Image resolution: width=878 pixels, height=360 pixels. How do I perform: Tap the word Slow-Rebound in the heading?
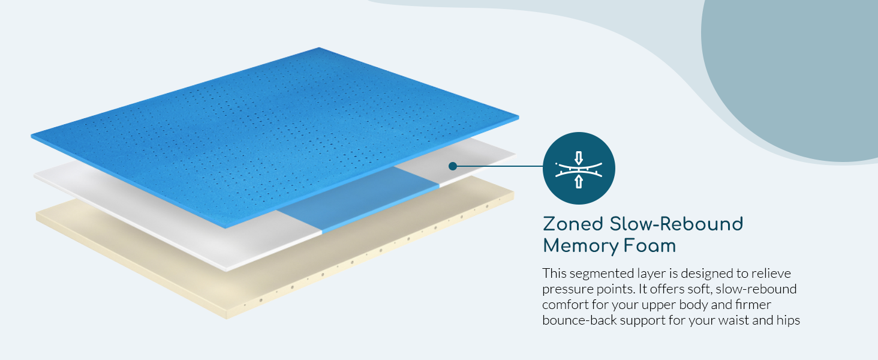676,224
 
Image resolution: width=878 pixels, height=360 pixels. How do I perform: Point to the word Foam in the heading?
650,246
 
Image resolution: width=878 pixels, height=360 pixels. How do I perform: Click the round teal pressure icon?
579,168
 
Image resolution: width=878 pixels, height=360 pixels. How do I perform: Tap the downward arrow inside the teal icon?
579,158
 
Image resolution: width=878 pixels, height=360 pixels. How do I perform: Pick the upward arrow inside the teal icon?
579,182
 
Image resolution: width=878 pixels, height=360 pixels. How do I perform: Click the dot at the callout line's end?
453,166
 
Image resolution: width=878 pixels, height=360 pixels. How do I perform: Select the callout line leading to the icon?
498,166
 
